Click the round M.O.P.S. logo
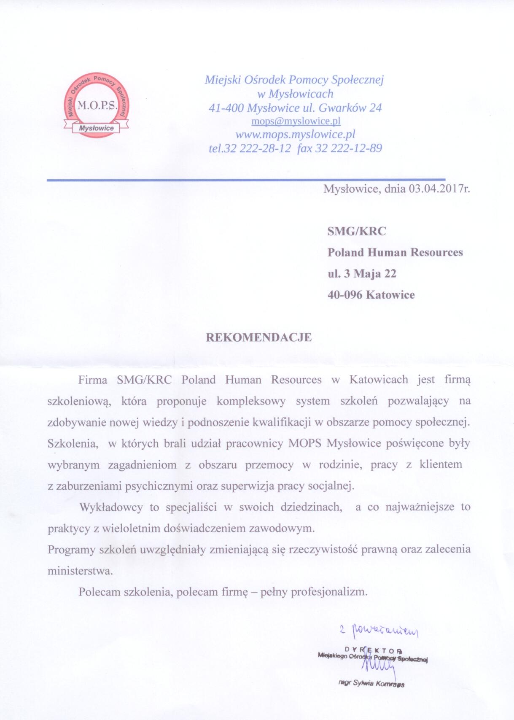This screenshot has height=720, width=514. point(97,103)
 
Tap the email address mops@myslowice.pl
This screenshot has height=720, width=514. point(296,121)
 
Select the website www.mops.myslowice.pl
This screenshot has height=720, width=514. point(295,135)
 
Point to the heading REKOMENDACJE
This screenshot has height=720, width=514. point(258,337)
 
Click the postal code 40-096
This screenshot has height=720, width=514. point(345,294)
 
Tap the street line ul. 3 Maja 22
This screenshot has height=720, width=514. point(362,273)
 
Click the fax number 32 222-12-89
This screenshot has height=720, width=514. point(348,148)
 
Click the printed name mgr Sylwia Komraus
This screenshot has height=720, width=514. point(371,683)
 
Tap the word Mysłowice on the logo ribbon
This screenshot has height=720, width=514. point(97,128)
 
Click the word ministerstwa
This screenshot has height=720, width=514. point(80,571)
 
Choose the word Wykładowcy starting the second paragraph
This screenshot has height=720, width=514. point(111,507)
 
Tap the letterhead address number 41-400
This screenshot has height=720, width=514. point(226,108)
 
